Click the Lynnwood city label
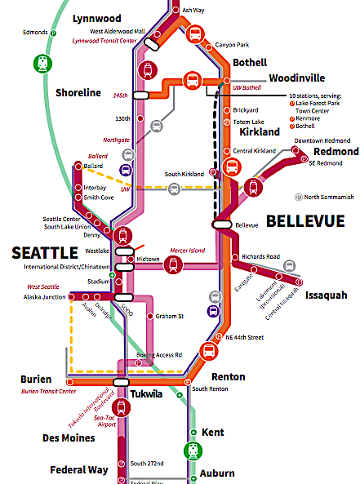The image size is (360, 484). (96, 18)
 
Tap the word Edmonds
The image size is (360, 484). (35, 33)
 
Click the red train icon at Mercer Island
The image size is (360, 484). (173, 264)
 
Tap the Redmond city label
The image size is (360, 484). (336, 152)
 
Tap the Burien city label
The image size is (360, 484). (36, 380)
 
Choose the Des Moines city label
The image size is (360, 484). (68, 437)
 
